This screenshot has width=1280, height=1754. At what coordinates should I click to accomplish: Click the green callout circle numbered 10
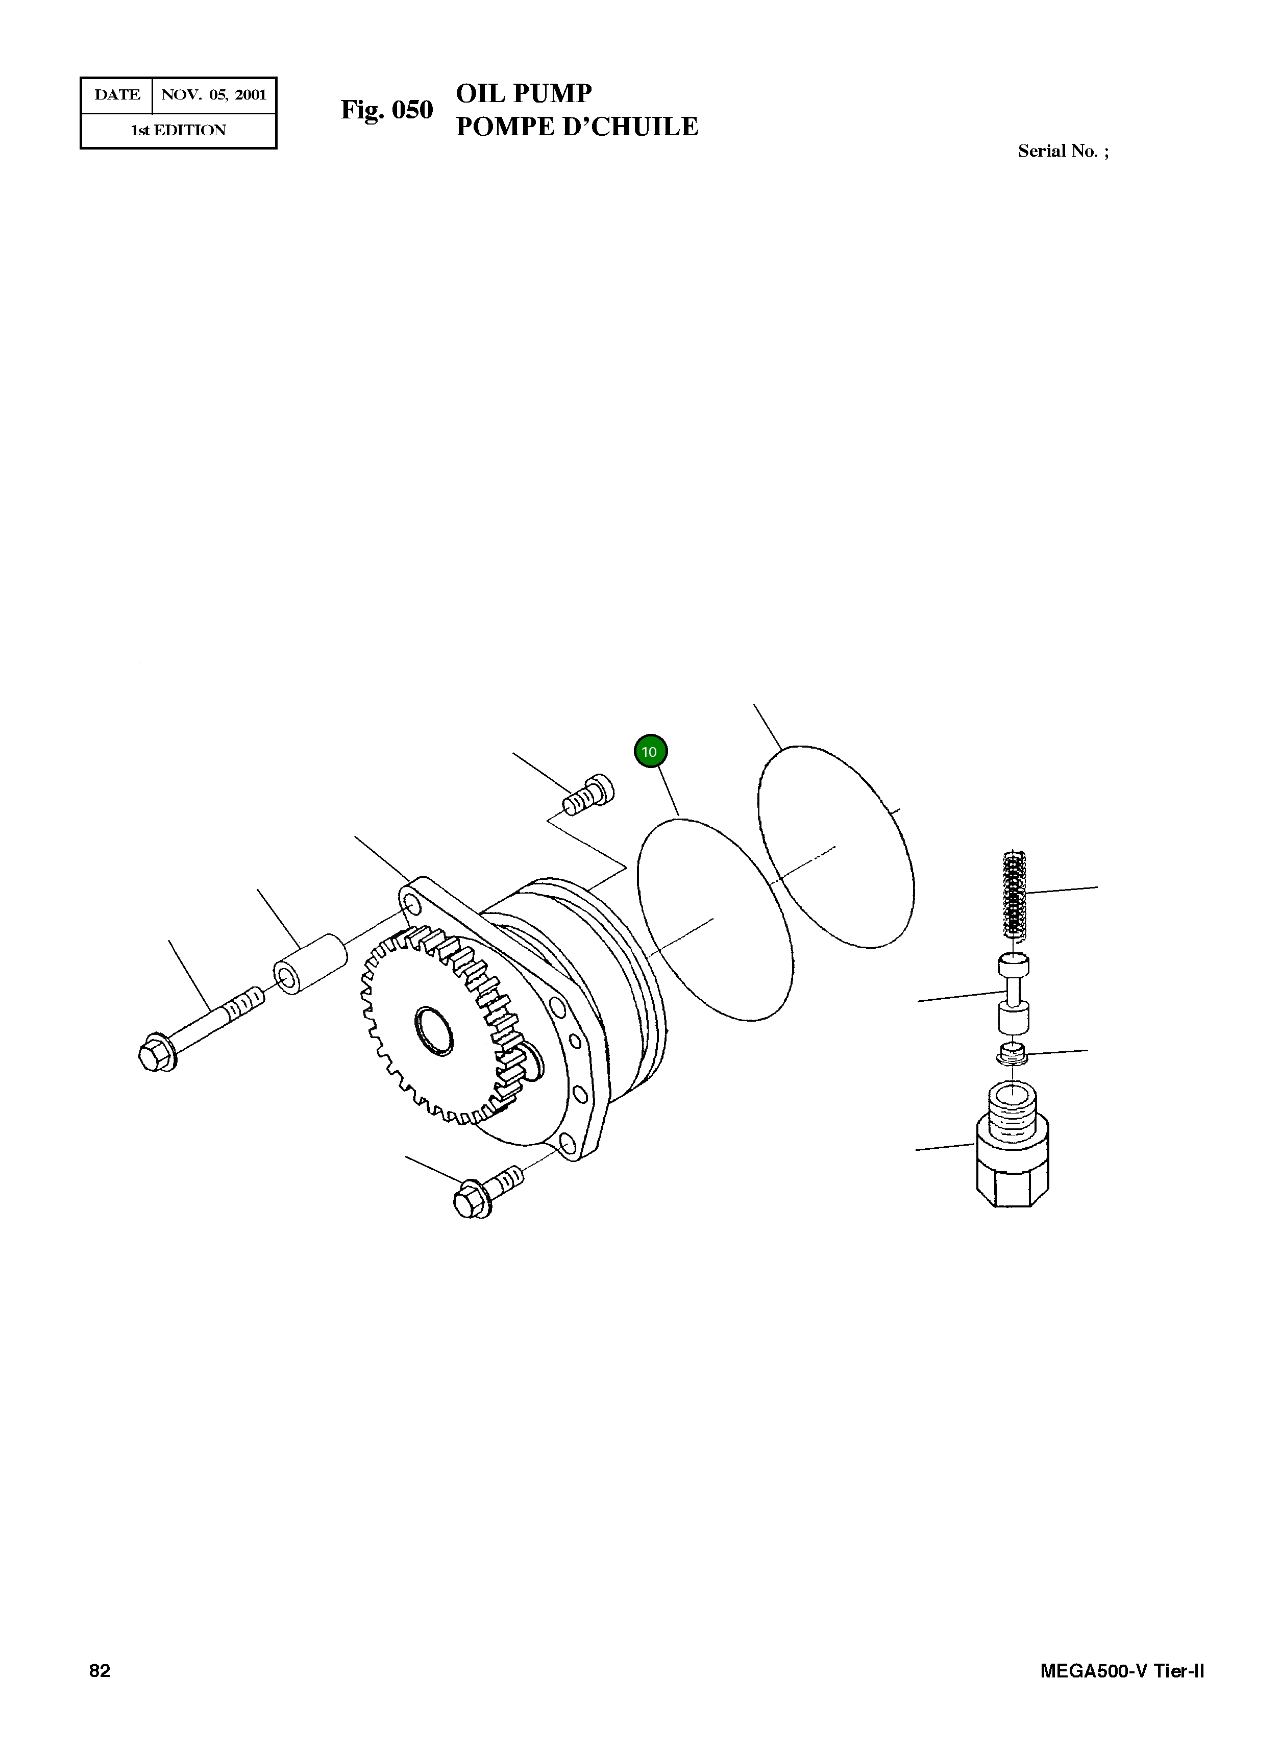650,752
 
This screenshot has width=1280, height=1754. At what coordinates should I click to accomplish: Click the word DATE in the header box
117,95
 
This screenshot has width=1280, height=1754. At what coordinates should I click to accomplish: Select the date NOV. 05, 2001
214,95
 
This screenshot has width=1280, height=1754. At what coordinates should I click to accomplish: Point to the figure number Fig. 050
387,110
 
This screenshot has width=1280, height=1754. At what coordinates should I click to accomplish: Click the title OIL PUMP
524,94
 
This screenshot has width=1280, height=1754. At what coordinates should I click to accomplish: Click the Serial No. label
1062,151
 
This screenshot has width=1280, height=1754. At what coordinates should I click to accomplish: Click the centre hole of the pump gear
434,1030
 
